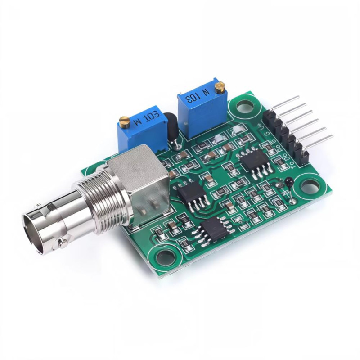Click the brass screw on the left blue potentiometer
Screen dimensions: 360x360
(124, 120)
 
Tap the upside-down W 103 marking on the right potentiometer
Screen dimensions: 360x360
(199, 95)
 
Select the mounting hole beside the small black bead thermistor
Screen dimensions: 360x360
(310, 186)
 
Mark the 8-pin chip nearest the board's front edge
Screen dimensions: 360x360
(214, 229)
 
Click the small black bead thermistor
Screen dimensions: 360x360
(288, 182)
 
